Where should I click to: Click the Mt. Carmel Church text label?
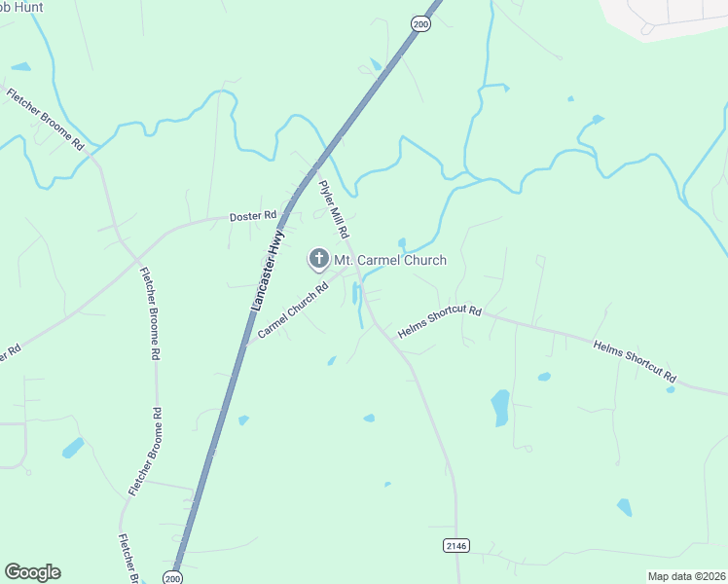click(x=390, y=260)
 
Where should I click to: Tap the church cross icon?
click(x=318, y=259)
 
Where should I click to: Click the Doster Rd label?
click(x=253, y=215)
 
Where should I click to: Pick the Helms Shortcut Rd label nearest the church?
click(x=440, y=323)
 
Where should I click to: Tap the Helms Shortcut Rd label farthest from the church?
click(x=634, y=360)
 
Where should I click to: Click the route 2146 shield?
click(x=456, y=545)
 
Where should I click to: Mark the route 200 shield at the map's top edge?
click(x=419, y=23)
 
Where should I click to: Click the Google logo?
click(x=32, y=572)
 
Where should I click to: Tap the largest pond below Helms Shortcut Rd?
click(x=500, y=407)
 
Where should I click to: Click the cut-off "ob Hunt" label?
click(x=22, y=7)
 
